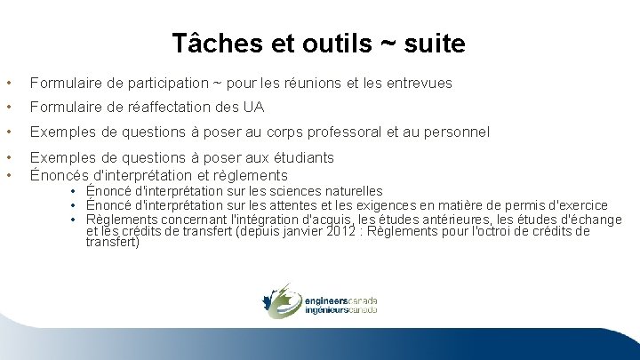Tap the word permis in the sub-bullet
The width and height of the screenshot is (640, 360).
pyautogui.click(x=519, y=205)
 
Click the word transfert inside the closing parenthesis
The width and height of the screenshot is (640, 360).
pyautogui.click(x=112, y=242)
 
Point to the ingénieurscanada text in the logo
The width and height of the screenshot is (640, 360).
pyautogui.click(x=340, y=311)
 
